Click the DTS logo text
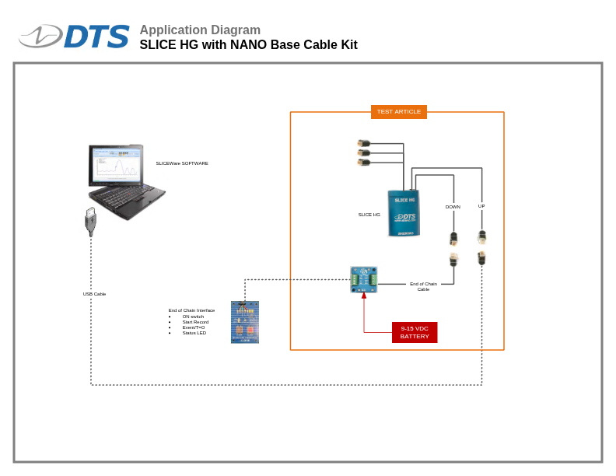tap(96, 37)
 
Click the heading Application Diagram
tap(200, 30)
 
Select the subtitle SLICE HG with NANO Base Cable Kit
tap(248, 45)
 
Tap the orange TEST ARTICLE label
tap(398, 111)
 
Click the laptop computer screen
tap(115, 166)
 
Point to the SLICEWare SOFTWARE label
tap(182, 163)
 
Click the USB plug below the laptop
tap(90, 221)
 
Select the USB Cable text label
tap(94, 294)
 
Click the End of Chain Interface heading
tap(191, 310)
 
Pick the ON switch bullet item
tap(193, 317)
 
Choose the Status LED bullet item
tap(194, 333)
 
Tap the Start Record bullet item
tap(195, 322)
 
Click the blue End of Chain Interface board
tap(245, 322)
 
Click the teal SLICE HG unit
tap(404, 212)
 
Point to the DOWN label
tap(453, 207)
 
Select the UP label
tap(481, 206)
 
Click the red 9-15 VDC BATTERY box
tap(415, 332)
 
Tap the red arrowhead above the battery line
tap(364, 296)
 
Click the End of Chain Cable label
tap(423, 286)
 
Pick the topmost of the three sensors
tap(363, 143)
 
